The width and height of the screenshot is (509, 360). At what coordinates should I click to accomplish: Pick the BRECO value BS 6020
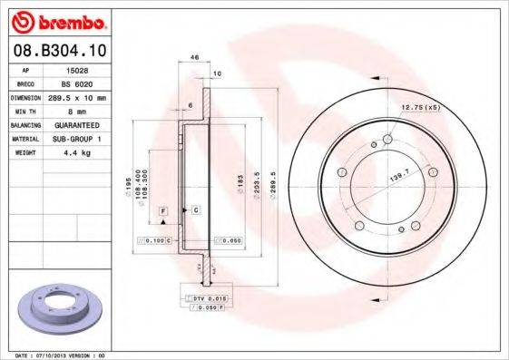(x=79, y=82)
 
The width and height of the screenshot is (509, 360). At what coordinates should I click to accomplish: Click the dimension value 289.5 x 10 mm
(x=79, y=96)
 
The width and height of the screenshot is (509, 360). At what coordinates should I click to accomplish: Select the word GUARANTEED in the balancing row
(x=78, y=124)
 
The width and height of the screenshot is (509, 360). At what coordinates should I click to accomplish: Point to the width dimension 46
(x=194, y=58)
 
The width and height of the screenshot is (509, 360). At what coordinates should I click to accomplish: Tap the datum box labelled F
(x=163, y=209)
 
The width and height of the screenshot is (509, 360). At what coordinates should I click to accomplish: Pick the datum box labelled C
(x=196, y=209)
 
